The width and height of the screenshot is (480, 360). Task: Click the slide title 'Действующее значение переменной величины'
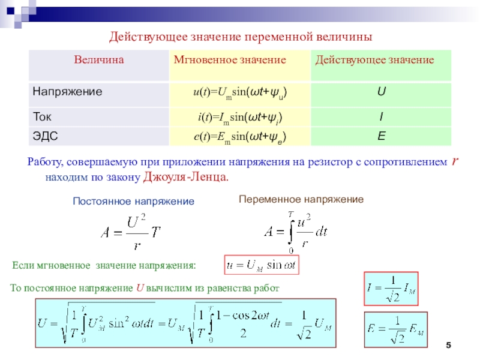241,37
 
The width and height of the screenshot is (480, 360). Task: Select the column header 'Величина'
99,60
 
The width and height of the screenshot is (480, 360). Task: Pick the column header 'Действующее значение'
375,60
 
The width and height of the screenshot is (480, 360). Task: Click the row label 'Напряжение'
67,92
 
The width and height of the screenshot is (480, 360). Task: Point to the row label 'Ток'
42,115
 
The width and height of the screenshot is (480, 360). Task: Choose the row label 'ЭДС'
45,137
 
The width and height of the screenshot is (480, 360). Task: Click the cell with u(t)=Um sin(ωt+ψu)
239,93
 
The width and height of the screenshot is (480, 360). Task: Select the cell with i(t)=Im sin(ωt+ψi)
239,115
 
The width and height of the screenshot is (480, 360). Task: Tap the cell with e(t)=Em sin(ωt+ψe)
239,137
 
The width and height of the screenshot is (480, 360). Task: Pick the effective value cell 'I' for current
381,115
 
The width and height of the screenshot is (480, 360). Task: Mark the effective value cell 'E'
381,137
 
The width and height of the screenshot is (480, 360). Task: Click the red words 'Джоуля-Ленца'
186,178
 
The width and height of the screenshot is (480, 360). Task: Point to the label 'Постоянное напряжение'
133,202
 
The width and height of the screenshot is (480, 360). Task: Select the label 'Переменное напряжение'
301,199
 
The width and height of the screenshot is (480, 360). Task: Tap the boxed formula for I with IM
392,290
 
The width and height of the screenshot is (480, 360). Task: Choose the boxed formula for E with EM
395,329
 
